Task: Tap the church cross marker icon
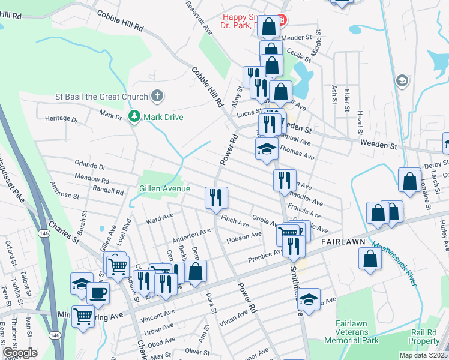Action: pos(157,95)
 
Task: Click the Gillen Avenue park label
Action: pos(164,188)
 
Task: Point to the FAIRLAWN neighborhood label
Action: pos(344,240)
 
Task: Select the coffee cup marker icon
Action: pos(98,293)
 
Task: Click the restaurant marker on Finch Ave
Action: pos(216,197)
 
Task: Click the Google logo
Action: pos(20,353)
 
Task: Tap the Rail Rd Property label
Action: pos(424,336)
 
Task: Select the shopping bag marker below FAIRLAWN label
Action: pos(370,258)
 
